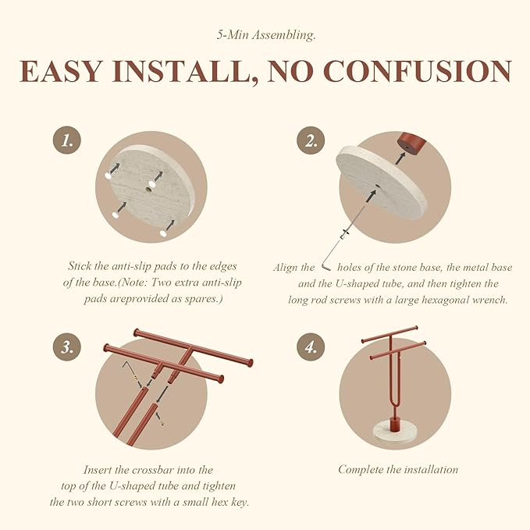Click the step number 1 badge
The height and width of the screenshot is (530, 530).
pyautogui.click(x=67, y=141)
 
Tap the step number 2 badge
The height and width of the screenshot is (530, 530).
pyautogui.click(x=311, y=141)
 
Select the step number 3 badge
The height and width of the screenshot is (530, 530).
pyautogui.click(x=67, y=347)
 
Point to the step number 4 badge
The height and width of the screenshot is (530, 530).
pyautogui.click(x=311, y=347)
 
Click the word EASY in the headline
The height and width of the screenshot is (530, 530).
pyautogui.click(x=61, y=71)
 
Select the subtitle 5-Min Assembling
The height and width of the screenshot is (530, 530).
pyautogui.click(x=266, y=35)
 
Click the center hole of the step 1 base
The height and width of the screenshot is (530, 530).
pyautogui.click(x=149, y=190)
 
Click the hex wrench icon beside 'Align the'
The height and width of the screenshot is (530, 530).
pyautogui.click(x=326, y=265)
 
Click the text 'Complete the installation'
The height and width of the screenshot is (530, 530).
pyautogui.click(x=398, y=469)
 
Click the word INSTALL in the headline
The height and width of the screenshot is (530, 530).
pyautogui.click(x=184, y=71)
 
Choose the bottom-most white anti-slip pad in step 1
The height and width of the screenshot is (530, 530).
pyautogui.click(x=164, y=233)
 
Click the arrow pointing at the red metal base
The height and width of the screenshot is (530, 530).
pyautogui.click(x=400, y=158)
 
